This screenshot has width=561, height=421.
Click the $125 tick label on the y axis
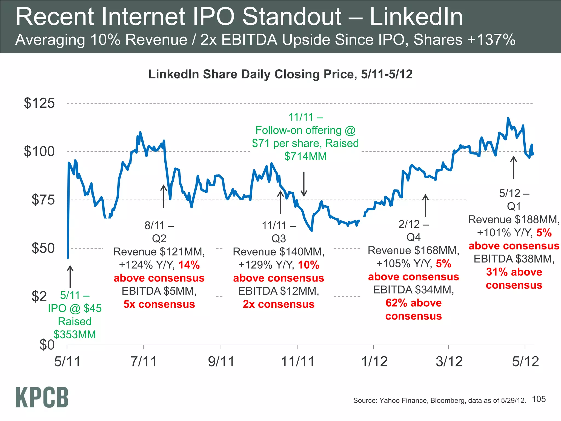pos(39,103)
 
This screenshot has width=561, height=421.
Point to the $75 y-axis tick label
pos(43,200)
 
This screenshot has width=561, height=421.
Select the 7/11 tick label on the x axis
pos(144,362)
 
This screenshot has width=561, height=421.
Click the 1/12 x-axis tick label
pos(374,362)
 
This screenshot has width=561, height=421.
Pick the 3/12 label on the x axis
pos(449,362)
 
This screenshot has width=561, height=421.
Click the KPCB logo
pos(42,397)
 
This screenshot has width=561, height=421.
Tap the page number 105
pos(539,399)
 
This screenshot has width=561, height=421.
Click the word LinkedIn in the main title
pos(416,17)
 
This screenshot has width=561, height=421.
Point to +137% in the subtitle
pos(491,39)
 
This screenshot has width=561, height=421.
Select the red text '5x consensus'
pos(159,304)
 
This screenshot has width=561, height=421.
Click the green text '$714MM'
pos(305,156)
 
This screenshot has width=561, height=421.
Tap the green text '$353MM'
pos(75,334)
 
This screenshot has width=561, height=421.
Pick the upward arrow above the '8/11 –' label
pos(164,196)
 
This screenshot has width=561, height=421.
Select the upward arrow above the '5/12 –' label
pos(514,167)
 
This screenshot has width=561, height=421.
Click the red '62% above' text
pos(413,303)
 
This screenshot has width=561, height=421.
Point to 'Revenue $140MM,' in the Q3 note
pos(278,252)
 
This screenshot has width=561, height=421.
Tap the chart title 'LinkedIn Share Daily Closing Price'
pos(252,74)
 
